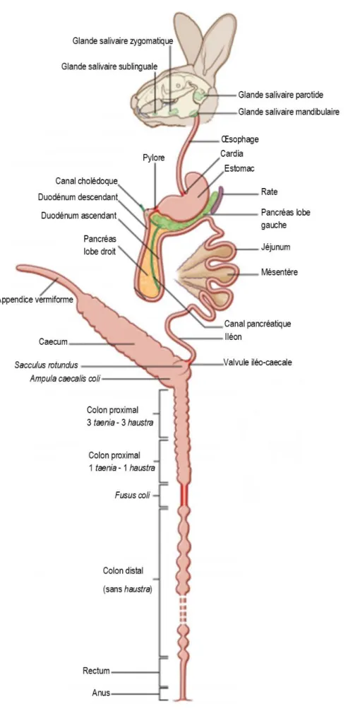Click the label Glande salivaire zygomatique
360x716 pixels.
coord(123,40)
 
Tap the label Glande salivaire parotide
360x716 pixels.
coord(281,95)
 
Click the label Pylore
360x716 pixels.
coord(153,158)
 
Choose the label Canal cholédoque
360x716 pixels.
coord(87,181)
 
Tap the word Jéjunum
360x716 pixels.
coord(275,247)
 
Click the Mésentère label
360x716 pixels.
coord(280,272)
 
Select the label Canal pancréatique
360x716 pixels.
coord(258,324)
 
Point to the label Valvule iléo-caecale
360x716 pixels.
coord(258,363)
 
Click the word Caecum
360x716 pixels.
coord(54,341)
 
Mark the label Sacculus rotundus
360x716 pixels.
coord(46,365)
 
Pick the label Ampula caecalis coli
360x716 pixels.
coord(66,379)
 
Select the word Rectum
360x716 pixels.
coord(96,671)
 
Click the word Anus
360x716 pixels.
coord(101,693)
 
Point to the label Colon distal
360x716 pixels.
coord(123,571)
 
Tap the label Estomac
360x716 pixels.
coord(239,168)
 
